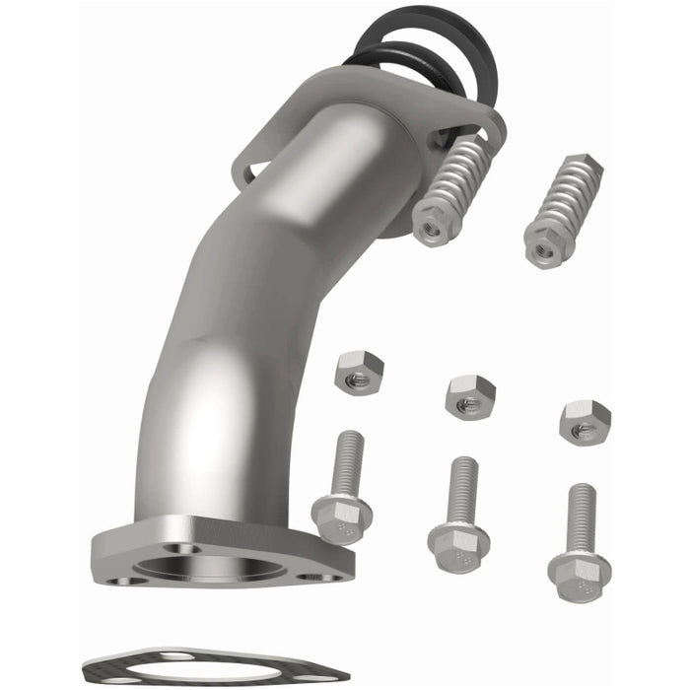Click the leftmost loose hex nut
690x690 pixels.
[x=359, y=371]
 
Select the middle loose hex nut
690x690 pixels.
[x=469, y=396]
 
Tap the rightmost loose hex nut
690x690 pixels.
[x=585, y=422]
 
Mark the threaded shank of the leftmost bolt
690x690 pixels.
[x=348, y=461]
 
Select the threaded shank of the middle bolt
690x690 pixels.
[x=462, y=489]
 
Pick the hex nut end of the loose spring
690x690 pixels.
[x=544, y=245]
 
